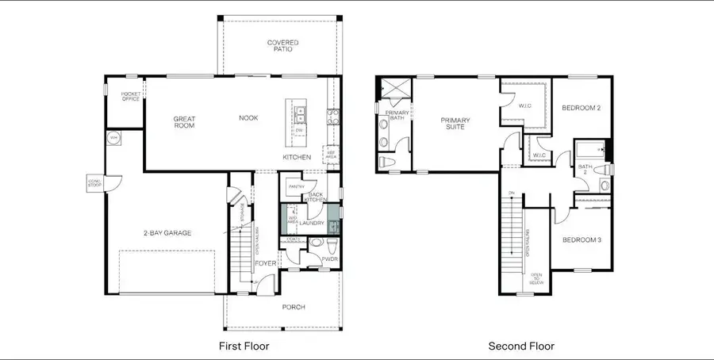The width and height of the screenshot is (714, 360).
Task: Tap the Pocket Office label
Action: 130,97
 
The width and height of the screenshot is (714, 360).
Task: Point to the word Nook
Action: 248,118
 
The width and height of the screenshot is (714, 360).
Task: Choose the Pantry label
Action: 297,186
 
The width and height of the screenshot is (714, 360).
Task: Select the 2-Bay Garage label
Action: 168,232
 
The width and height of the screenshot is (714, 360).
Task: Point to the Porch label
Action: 294,307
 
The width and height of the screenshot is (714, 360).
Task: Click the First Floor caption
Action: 244,346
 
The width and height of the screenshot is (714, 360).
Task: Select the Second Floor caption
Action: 521,346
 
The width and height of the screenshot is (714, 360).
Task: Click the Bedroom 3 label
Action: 582,239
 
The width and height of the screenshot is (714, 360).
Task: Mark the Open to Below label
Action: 536,277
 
